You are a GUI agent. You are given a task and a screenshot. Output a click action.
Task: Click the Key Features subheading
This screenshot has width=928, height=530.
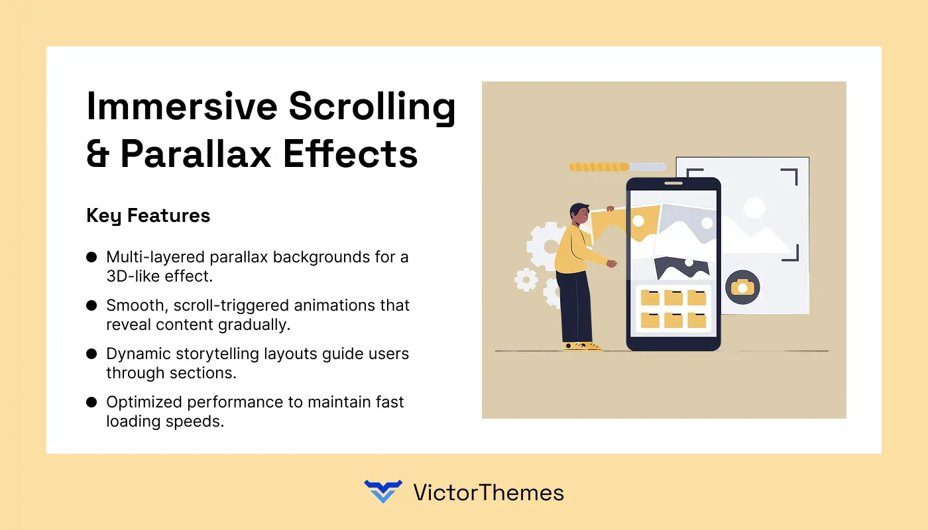[148, 215]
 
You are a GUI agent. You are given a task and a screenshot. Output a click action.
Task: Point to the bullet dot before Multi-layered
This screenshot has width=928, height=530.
[91, 257]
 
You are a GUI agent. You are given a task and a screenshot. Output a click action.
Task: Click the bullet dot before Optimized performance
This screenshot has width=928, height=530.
[91, 402]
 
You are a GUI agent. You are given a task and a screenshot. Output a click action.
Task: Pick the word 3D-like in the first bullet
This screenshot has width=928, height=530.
[133, 276]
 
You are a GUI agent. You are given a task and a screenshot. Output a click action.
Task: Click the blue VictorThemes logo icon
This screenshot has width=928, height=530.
[383, 492]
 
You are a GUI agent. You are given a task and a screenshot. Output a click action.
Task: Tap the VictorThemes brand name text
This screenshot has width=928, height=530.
[488, 492]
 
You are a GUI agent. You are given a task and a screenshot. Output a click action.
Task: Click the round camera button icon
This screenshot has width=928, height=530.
[742, 287]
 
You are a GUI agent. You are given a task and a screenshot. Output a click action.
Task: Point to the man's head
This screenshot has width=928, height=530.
[579, 213]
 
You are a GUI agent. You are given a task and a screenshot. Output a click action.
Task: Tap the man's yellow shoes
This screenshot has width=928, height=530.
[581, 346]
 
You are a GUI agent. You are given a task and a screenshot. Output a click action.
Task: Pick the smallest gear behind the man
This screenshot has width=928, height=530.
[526, 280]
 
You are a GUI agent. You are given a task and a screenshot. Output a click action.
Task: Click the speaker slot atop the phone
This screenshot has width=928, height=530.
[673, 184]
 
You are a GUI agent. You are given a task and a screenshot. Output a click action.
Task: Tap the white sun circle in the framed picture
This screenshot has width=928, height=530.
[754, 207]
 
